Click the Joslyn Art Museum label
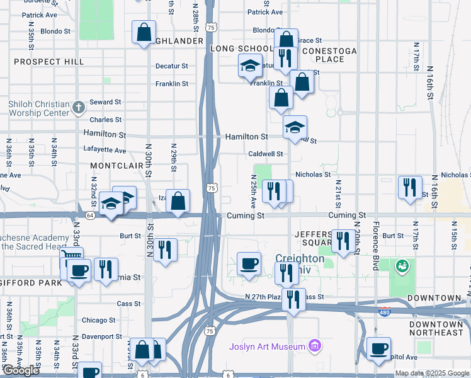click(267, 345)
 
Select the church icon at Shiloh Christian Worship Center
click(78, 107)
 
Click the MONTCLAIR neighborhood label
click(113, 164)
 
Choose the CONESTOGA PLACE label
click(329, 55)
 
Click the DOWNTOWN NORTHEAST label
click(436, 328)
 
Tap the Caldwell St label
click(265, 154)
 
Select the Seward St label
click(105, 102)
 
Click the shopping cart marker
click(71, 258)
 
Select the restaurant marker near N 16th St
click(410, 187)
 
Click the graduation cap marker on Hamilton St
click(295, 128)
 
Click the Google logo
click(21, 370)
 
